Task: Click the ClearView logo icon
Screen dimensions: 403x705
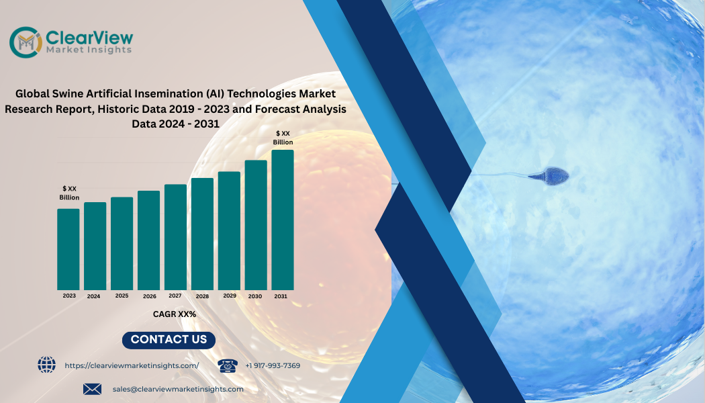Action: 26,42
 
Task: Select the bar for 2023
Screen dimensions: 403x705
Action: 68,249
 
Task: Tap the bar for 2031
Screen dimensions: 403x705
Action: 283,220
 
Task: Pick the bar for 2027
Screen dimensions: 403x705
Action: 175,236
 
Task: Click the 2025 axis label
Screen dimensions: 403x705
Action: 122,296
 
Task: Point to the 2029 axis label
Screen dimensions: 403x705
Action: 230,296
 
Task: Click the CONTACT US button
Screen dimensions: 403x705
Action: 169,340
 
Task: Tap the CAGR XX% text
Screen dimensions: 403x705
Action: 174,314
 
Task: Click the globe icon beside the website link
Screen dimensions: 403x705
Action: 47,365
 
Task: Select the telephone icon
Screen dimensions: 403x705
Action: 228,365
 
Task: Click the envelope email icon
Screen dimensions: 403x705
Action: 92,389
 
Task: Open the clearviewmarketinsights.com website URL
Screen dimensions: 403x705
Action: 132,365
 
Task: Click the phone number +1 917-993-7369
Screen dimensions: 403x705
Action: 273,365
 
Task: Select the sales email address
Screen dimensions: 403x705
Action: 178,389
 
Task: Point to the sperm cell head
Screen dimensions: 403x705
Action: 555,175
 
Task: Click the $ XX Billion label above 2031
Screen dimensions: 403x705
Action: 283,138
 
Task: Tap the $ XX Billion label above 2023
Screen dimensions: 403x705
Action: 69,193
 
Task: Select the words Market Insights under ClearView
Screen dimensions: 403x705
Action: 89,49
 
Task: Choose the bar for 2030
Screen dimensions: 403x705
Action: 256,225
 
